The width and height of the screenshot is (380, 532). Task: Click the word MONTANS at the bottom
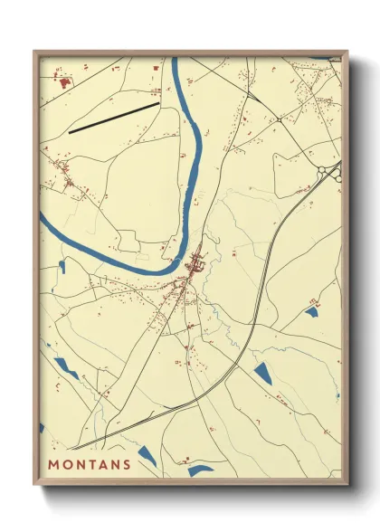click(x=89, y=465)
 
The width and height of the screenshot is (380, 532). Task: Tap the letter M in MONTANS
click(x=53, y=465)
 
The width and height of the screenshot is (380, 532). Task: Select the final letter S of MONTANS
click(x=126, y=465)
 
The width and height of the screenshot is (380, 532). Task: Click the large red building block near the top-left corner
click(x=64, y=83)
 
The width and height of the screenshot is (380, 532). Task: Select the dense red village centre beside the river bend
click(x=194, y=266)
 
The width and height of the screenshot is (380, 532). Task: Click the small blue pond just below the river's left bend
click(x=62, y=266)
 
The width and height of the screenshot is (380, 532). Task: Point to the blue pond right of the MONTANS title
click(x=147, y=458)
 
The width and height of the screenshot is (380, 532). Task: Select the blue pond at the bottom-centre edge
click(x=201, y=470)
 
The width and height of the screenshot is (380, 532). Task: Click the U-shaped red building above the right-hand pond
click(x=314, y=303)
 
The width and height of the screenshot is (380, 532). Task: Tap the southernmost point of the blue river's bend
click(x=145, y=271)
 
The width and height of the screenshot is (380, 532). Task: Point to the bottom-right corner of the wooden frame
click(x=347, y=484)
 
